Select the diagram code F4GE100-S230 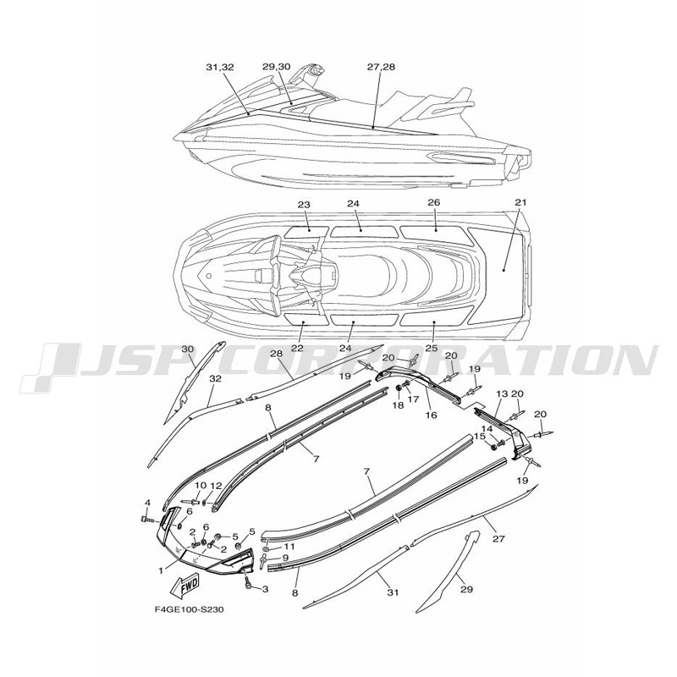click(x=189, y=610)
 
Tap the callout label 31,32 click(x=220, y=67)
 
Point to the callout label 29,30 click(x=277, y=67)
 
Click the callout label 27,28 click(x=381, y=67)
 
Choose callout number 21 click(x=521, y=202)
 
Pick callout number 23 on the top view click(x=304, y=204)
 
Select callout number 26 click(x=433, y=202)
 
